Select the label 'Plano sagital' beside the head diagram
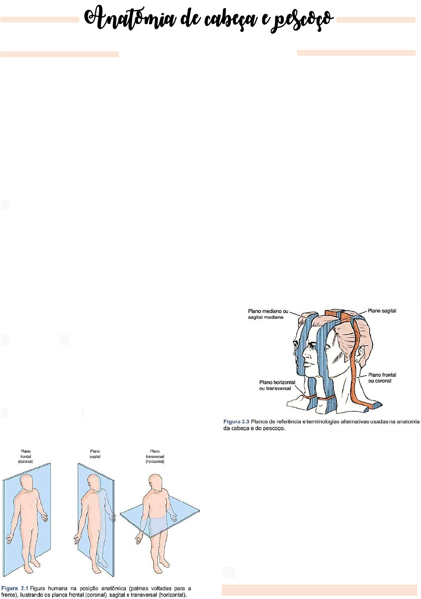(381, 311)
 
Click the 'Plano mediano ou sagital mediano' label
(268, 314)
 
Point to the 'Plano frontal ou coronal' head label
(382, 378)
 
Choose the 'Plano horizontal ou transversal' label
(277, 385)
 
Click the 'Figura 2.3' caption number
(236, 422)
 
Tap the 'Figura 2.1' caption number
(15, 588)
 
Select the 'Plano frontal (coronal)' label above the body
(26, 456)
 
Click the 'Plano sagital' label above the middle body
(95, 454)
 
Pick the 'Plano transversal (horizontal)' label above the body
(155, 456)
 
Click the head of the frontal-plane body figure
(27, 483)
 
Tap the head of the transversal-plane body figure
(156, 483)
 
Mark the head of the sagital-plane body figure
(93, 483)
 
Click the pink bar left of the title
(40, 19)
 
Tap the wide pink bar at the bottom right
(319, 590)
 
